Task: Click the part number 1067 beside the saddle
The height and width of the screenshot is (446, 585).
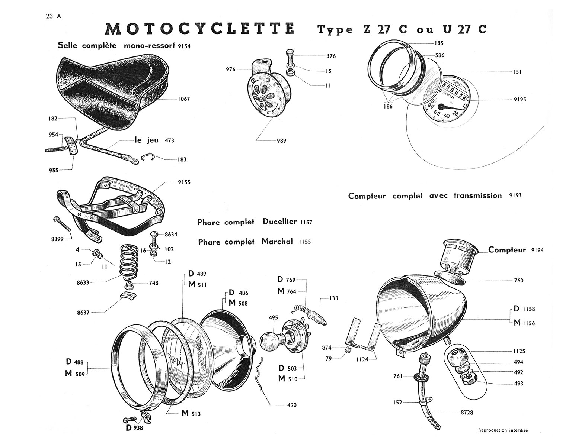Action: tap(184, 99)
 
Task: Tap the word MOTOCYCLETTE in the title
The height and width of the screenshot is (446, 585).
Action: tap(200, 29)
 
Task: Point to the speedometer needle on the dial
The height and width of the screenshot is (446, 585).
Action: tap(448, 107)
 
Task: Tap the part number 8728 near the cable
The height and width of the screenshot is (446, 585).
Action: tap(467, 413)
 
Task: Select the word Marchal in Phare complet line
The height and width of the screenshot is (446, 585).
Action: tap(277, 242)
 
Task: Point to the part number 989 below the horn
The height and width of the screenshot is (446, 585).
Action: tap(281, 141)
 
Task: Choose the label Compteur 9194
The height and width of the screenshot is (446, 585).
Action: tap(516, 250)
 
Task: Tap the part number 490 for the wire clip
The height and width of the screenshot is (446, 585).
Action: tap(292, 405)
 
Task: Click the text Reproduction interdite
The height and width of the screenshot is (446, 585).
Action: tap(502, 430)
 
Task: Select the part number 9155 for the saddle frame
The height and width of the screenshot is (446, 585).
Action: tap(184, 182)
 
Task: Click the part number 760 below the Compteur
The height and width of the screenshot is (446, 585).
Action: tap(518, 281)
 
